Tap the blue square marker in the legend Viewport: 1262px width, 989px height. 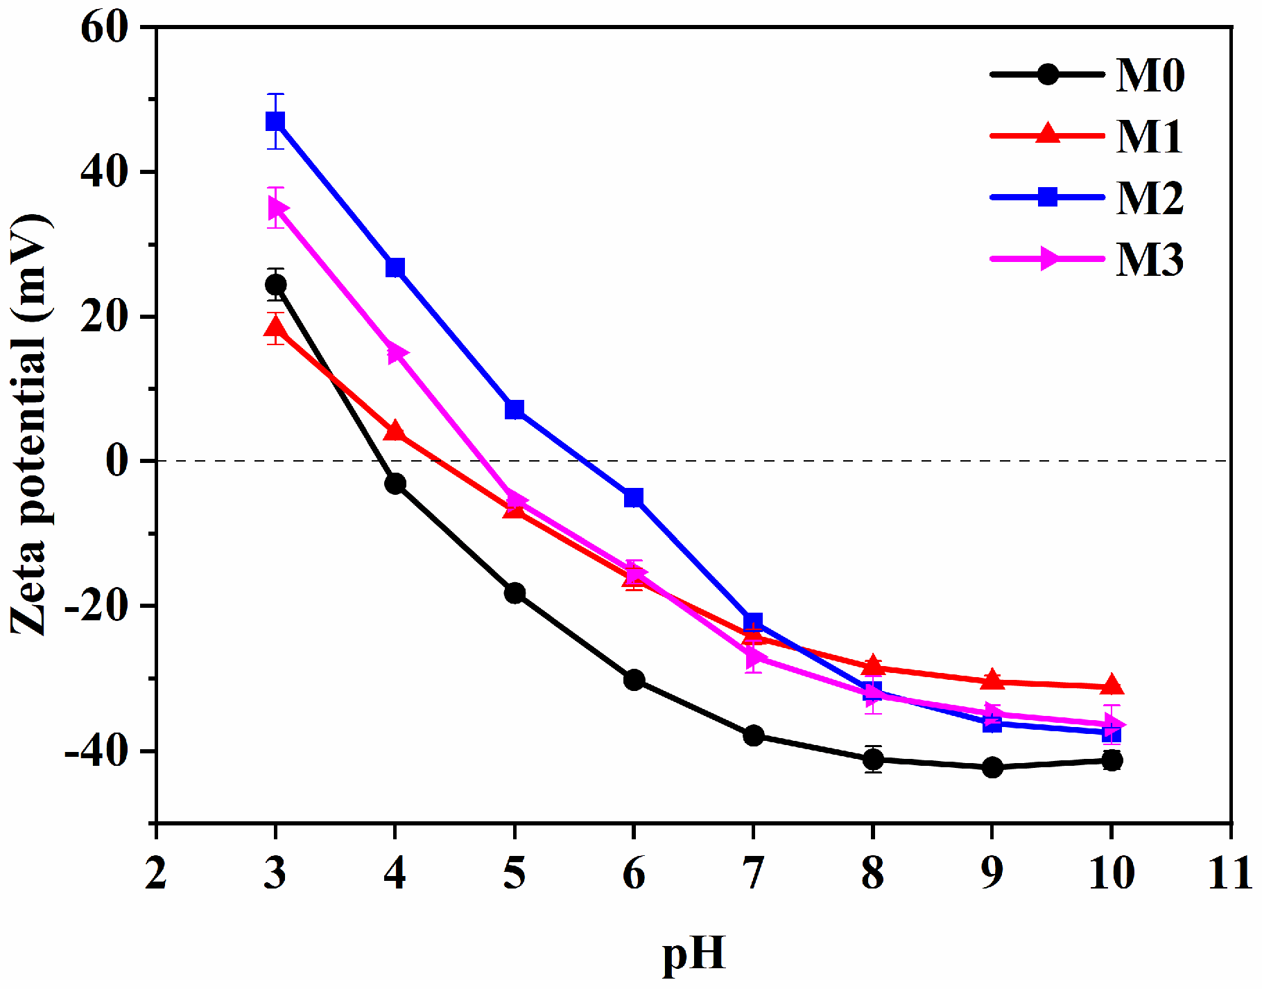tap(1048, 197)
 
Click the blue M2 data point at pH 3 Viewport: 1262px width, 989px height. tap(275, 121)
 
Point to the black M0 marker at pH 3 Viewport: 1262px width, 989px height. tap(275, 284)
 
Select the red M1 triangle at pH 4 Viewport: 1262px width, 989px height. tap(395, 431)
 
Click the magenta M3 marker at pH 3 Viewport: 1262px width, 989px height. tap(277, 208)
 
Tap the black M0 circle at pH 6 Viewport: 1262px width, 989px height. tap(634, 680)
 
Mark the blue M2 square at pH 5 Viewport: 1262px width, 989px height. tap(515, 410)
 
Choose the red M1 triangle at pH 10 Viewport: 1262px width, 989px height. tap(1112, 685)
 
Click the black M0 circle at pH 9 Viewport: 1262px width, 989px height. tap(992, 767)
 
